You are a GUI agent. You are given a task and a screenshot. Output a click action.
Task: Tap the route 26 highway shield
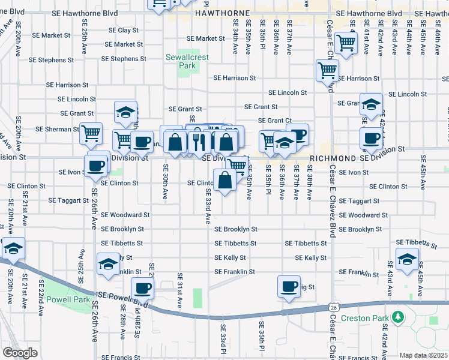pos(333,307)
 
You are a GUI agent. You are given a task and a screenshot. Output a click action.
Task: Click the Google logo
pos(20,352)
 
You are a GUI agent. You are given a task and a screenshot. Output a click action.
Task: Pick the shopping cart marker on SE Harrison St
pos(327,71)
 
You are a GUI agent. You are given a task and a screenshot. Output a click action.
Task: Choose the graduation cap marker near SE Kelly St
pos(108,263)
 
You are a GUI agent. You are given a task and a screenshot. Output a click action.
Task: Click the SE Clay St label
pos(124,30)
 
